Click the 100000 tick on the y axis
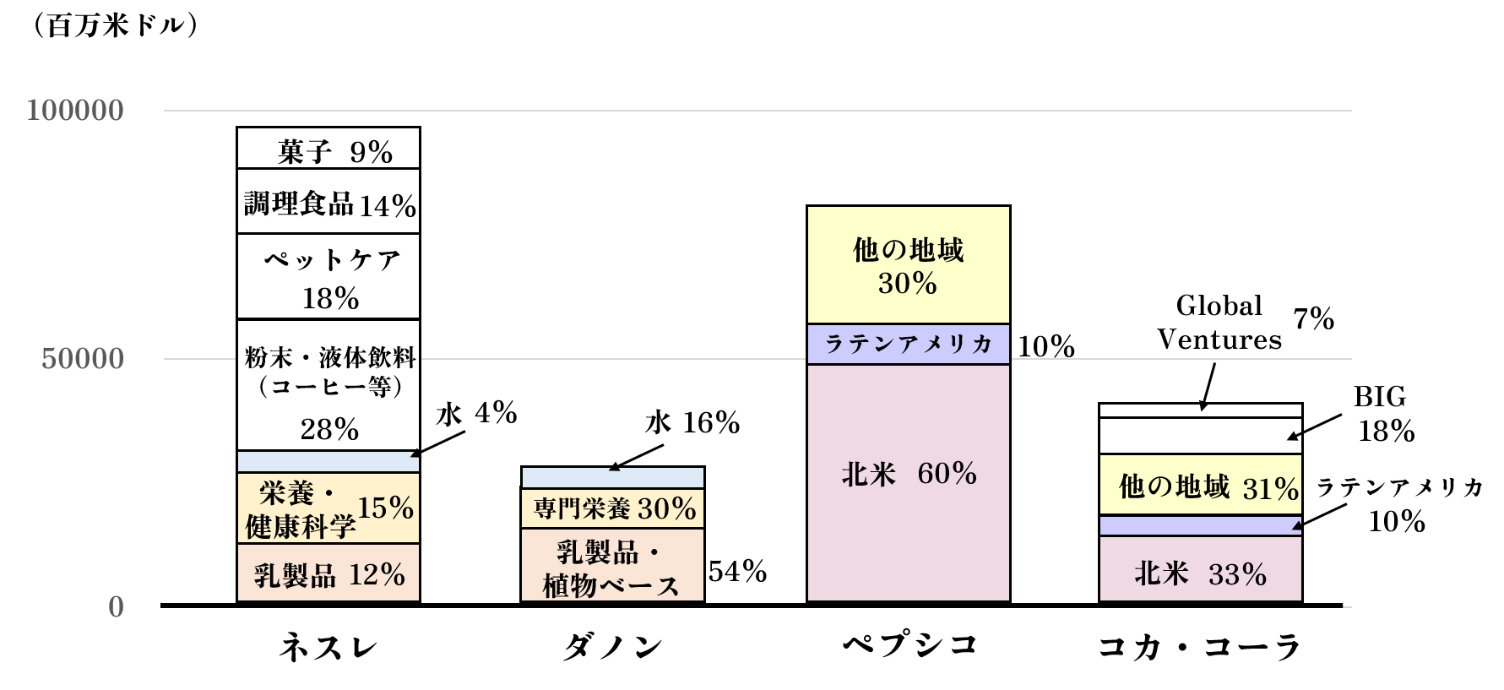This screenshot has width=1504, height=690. [75, 111]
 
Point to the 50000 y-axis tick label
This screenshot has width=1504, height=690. [83, 359]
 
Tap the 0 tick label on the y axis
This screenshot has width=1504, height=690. [117, 607]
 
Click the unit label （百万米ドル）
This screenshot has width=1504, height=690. [115, 26]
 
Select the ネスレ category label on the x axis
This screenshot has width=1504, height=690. [328, 648]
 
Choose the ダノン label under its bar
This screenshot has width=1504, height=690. [612, 648]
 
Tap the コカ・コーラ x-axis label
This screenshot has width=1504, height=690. [1200, 648]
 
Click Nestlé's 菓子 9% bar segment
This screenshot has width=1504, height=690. [328, 149]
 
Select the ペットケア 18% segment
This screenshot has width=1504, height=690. [328, 277]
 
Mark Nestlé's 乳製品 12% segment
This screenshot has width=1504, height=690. [328, 573]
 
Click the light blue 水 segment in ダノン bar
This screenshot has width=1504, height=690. [612, 477]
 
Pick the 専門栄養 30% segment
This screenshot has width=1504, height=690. [612, 508]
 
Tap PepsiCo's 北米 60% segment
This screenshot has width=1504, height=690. [909, 483]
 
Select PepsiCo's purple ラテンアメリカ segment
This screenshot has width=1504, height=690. [909, 345]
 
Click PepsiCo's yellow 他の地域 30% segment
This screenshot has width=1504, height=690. [909, 265]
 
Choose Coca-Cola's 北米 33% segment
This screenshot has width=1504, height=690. [1200, 570]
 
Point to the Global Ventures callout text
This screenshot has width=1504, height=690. [1219, 323]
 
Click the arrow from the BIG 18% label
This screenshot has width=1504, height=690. [1314, 427]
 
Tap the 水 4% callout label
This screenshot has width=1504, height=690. [476, 414]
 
